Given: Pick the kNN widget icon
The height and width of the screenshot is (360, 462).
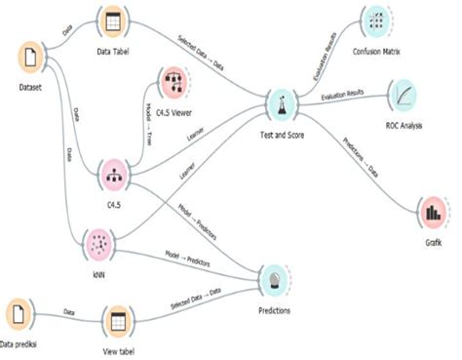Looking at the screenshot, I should point(98,243).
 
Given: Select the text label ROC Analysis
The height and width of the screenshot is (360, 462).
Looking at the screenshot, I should point(403,125).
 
